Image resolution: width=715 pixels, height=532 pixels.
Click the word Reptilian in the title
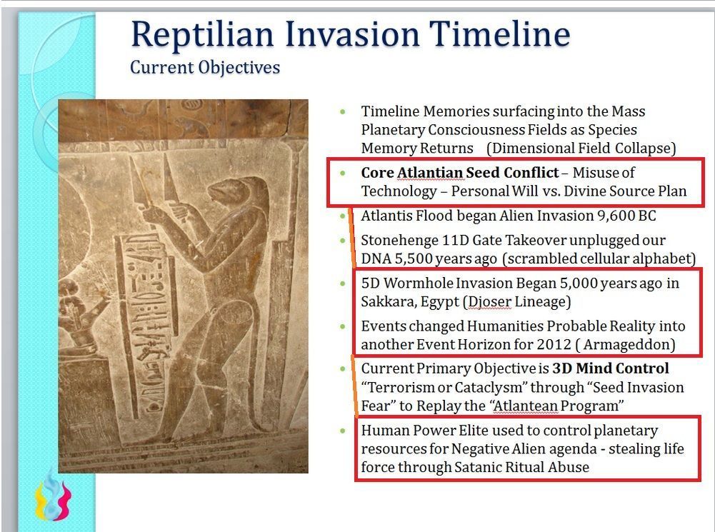click(x=202, y=35)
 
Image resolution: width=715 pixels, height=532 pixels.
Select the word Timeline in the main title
click(x=500, y=34)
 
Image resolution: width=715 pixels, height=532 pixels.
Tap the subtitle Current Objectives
click(x=205, y=67)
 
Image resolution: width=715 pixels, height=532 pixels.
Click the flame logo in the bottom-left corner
click(x=53, y=496)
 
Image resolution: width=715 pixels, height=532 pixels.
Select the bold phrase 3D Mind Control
click(x=611, y=368)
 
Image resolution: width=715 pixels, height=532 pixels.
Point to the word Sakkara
click(x=388, y=302)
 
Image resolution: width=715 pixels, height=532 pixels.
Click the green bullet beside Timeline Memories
click(x=343, y=111)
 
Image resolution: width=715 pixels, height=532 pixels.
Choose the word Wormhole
click(x=418, y=283)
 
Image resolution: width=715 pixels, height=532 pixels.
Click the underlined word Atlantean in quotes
click(x=526, y=406)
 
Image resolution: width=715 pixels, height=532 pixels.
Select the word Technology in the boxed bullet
click(x=399, y=191)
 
